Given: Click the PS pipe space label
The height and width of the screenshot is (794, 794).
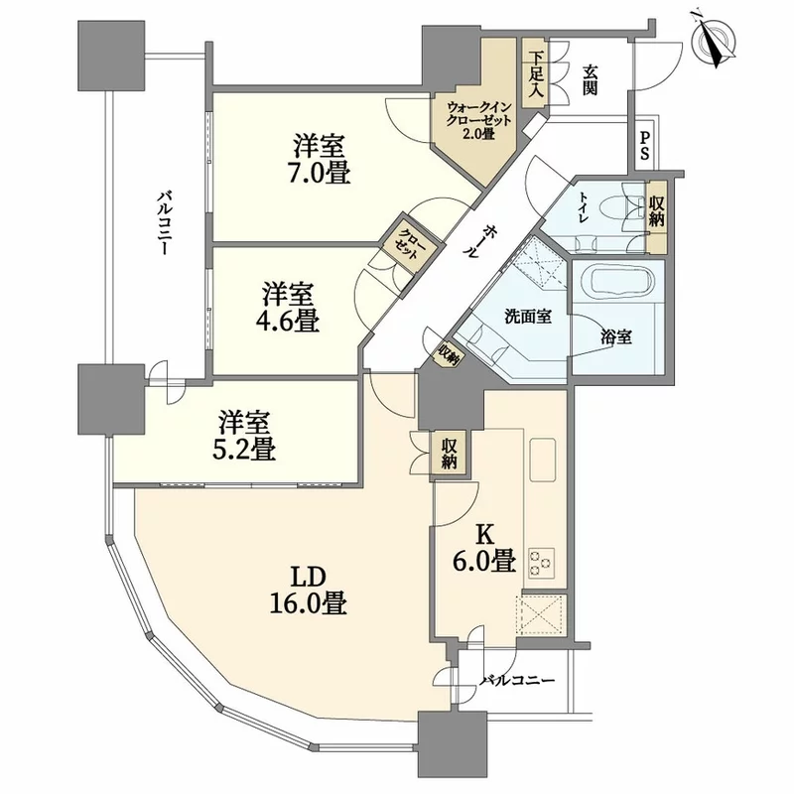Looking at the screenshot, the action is click(644, 145).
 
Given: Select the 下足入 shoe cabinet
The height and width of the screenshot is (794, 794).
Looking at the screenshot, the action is click(536, 73).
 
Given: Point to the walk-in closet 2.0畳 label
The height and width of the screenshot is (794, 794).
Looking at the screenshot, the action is click(479, 121).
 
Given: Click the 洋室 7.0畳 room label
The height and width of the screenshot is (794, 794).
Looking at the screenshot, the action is click(321, 160).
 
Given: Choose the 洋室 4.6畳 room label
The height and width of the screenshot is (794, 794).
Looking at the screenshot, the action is click(290, 307).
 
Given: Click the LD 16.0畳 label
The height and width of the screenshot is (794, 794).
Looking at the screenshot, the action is click(308, 590).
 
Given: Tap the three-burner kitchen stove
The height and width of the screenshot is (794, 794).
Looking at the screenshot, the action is click(542, 563).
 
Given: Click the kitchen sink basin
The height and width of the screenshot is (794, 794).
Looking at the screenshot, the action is click(542, 460).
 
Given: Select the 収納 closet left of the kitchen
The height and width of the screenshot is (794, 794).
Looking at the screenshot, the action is click(449, 454).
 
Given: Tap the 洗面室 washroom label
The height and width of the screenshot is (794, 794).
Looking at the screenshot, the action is click(528, 317).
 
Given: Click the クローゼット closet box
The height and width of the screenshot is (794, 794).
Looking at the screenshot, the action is click(411, 244).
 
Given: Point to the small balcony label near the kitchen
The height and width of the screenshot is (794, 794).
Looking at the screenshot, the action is click(517, 681).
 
